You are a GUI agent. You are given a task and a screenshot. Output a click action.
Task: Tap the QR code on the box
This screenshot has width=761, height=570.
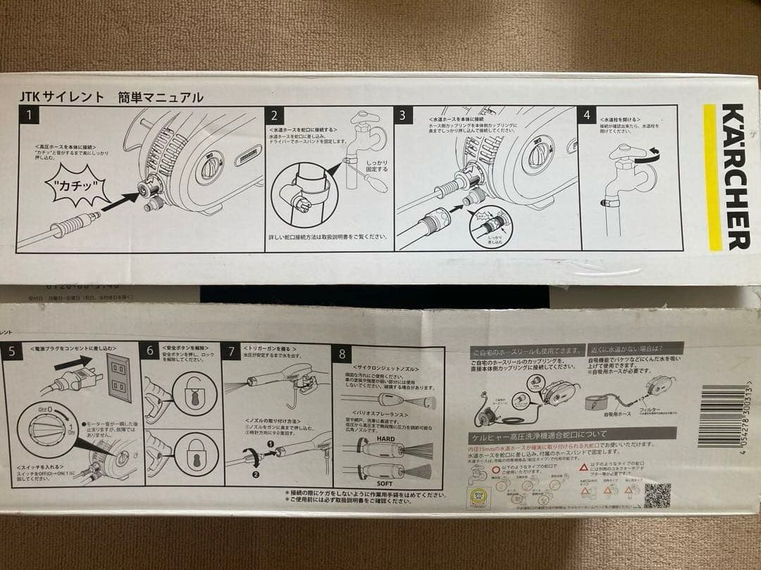(x=657, y=495)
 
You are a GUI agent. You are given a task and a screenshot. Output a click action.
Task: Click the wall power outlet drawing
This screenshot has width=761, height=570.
(x=118, y=378)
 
